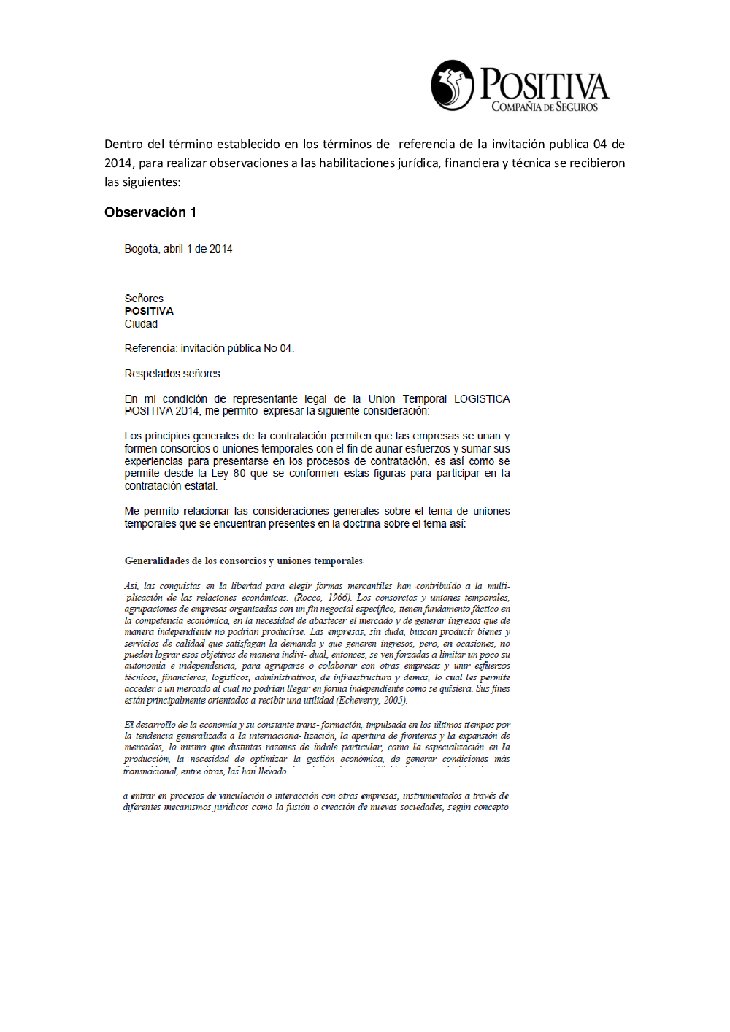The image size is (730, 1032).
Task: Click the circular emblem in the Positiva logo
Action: coord(453,85)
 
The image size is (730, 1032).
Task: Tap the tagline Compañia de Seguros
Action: coord(545,107)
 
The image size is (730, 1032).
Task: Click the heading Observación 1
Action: coord(150,212)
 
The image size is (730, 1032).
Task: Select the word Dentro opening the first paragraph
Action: coord(123,145)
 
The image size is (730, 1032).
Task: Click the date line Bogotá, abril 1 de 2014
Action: coord(178,249)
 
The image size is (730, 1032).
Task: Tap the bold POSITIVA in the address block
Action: coord(149,312)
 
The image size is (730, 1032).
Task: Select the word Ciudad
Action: coord(141,324)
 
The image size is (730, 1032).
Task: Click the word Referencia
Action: coord(150,349)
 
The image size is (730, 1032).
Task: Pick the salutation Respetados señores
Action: coord(173,374)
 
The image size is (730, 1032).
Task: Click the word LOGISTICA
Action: coord(482,399)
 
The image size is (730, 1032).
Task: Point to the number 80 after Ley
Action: coord(239,474)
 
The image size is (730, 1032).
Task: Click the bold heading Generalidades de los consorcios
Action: coord(243,561)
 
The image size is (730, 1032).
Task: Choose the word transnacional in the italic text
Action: coord(150,771)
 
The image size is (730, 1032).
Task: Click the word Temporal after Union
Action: coord(424,399)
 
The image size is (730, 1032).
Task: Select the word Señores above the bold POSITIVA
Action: coord(144,299)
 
